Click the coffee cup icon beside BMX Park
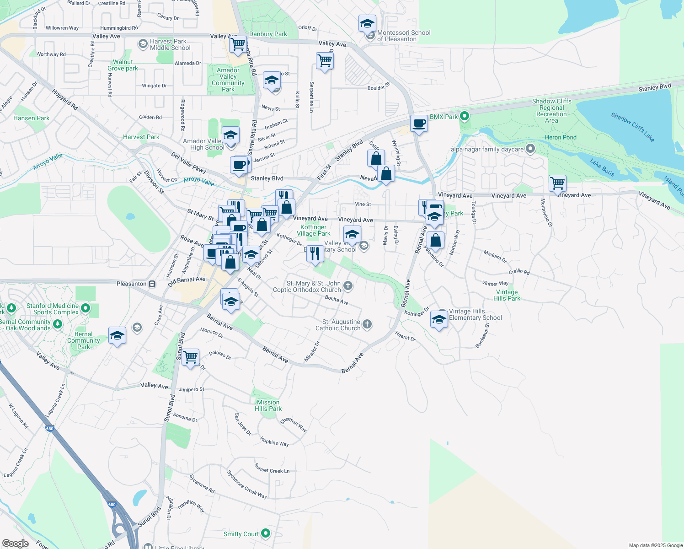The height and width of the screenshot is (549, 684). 419,124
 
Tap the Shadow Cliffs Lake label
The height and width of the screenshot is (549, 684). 633,127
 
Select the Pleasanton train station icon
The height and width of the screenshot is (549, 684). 152,284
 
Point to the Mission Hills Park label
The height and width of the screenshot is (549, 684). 268,405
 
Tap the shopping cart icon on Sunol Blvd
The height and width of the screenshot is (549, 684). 190,357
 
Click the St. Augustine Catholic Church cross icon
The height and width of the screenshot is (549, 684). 367,325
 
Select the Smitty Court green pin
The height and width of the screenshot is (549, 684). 266,533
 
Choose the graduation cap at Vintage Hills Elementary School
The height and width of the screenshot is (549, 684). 439,320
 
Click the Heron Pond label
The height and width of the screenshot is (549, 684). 561,137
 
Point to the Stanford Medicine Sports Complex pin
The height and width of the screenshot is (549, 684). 85,309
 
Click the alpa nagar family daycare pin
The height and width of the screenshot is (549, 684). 530,149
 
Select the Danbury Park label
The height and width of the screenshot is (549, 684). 268,34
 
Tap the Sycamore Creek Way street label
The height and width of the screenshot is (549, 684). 247,484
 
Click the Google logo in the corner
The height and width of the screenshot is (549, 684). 15,544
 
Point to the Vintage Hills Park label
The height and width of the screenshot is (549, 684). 507,295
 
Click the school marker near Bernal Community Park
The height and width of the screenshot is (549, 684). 117,335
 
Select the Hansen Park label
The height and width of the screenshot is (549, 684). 31,118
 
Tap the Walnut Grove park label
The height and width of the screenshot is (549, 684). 123,65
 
